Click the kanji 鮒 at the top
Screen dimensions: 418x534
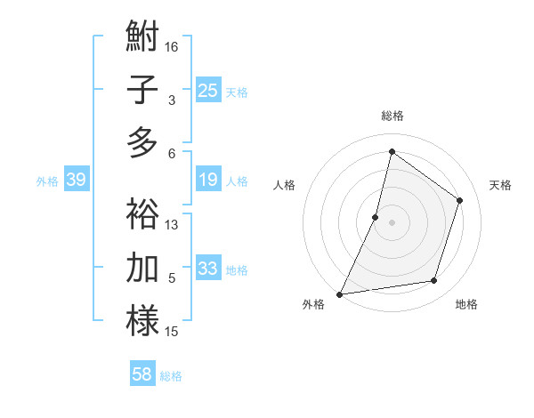pyautogui.click(x=142, y=38)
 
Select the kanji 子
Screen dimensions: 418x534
pyautogui.click(x=142, y=90)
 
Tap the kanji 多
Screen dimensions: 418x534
pyautogui.click(x=142, y=141)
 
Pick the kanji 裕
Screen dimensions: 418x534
pyautogui.click(x=142, y=214)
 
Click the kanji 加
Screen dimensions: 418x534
pyautogui.click(x=142, y=268)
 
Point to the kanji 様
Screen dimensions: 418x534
pyautogui.click(x=142, y=320)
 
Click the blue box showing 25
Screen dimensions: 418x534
pyautogui.click(x=208, y=90)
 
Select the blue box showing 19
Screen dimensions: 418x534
pyautogui.click(x=208, y=180)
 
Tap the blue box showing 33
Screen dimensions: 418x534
pyautogui.click(x=208, y=269)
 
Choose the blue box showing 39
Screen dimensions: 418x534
pyautogui.click(x=76, y=180)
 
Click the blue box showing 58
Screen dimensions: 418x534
pyautogui.click(x=142, y=374)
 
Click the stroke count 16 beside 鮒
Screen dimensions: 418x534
pyautogui.click(x=172, y=46)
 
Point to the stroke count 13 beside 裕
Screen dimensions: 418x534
pyautogui.click(x=172, y=224)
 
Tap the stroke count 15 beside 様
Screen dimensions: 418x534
pyautogui.click(x=172, y=332)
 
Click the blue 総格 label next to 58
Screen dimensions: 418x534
pyautogui.click(x=171, y=376)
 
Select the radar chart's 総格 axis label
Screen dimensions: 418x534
pyautogui.click(x=392, y=116)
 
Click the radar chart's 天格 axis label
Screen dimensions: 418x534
pyautogui.click(x=500, y=185)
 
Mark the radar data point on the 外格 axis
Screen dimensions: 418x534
pyautogui.click(x=339, y=293)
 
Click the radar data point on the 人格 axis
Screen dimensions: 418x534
pyautogui.click(x=376, y=217)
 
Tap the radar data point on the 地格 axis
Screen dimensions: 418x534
pyautogui.click(x=434, y=281)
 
